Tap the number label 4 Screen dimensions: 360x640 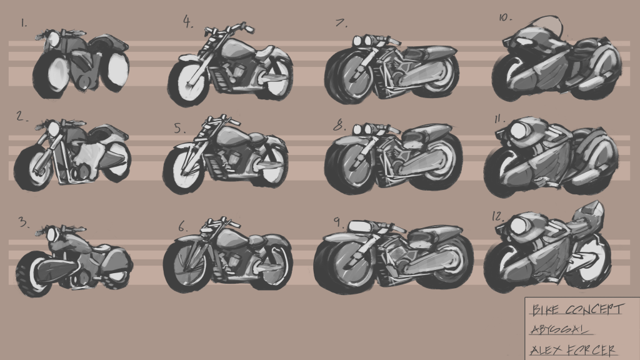coord(187,22)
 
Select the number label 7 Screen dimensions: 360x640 coord(341,23)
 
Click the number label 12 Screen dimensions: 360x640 coord(498,216)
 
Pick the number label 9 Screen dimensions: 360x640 coord(337,222)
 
